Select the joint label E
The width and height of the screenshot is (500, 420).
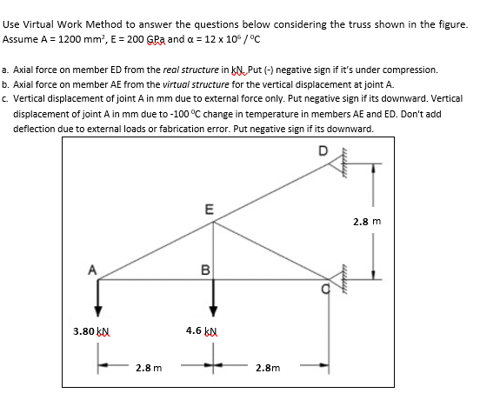pyautogui.click(x=207, y=209)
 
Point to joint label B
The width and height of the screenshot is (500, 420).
pyautogui.click(x=204, y=269)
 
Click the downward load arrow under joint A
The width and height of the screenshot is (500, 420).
pyautogui.click(x=98, y=297)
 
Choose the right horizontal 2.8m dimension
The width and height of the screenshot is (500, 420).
pyautogui.click(x=268, y=368)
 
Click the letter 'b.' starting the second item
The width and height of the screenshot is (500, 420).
pyautogui.click(x=7, y=84)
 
